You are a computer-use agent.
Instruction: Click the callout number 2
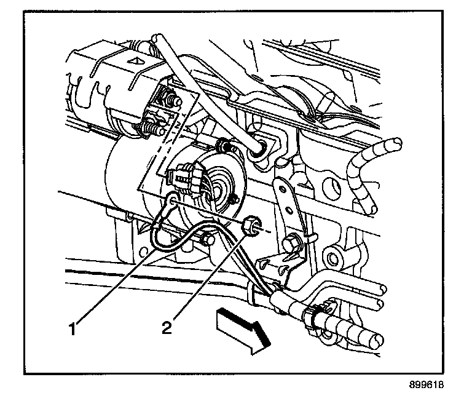coord(167,327)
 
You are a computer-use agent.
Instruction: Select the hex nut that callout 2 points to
coord(251,225)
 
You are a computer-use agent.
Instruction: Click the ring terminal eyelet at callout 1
coord(173,200)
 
